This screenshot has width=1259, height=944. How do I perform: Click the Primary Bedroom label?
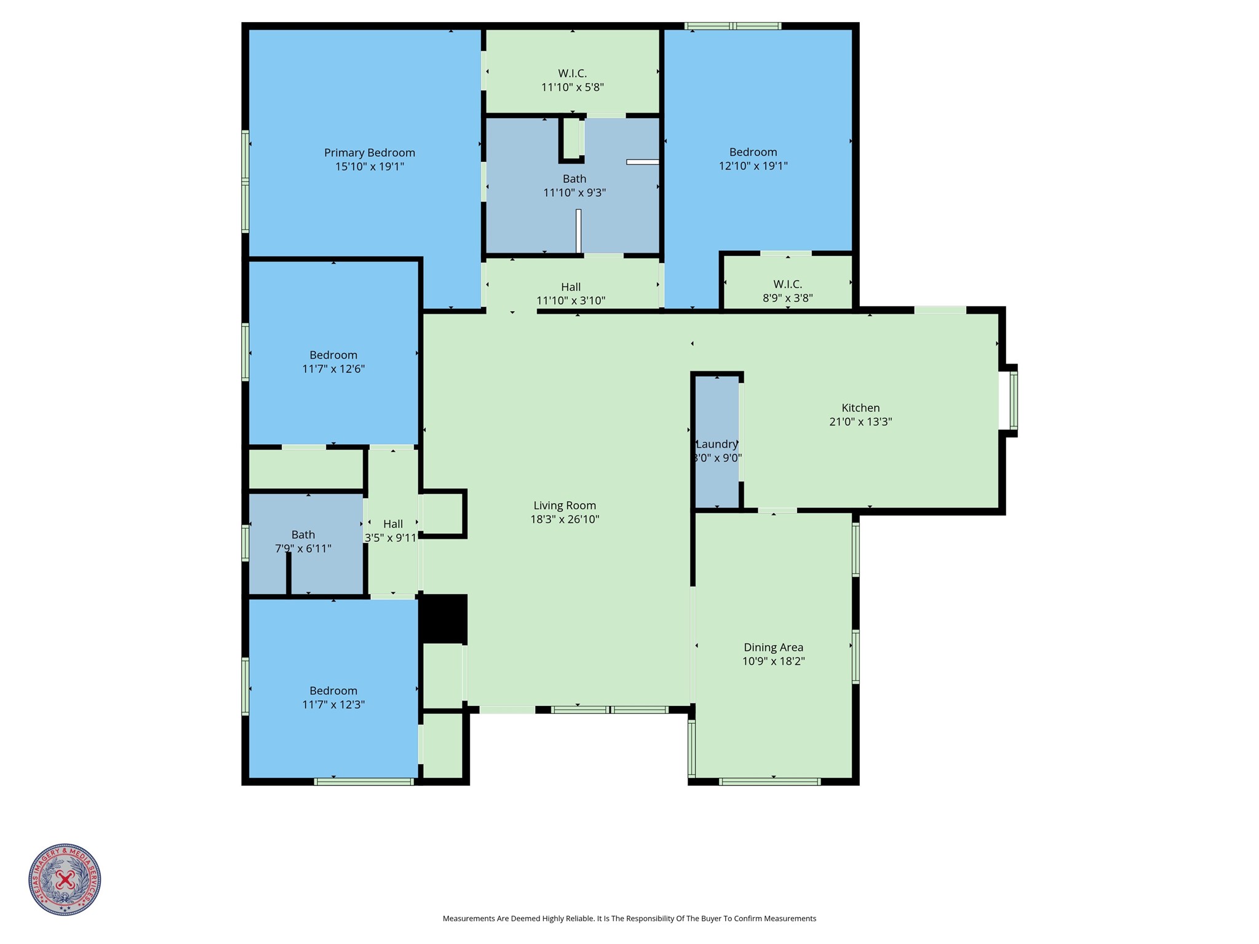click(x=369, y=153)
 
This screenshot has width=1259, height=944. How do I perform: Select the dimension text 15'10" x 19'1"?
click(x=369, y=167)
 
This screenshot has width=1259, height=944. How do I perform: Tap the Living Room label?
click(x=564, y=506)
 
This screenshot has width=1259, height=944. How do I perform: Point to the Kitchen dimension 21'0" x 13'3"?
click(x=860, y=422)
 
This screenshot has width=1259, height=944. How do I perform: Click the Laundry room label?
click(x=717, y=444)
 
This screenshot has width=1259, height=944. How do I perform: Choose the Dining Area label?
click(x=773, y=647)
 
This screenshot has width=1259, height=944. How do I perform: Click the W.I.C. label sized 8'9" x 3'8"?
click(x=787, y=284)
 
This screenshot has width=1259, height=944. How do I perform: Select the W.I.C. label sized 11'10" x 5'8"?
click(x=572, y=74)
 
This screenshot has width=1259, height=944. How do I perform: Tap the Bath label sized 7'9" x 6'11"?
click(x=303, y=534)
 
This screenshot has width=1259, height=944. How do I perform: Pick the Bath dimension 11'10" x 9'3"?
click(x=574, y=193)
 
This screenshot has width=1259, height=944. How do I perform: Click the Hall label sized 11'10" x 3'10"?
click(x=570, y=287)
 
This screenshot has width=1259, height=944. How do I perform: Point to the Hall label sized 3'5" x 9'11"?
click(x=392, y=524)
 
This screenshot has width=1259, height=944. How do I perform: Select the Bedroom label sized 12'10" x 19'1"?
click(x=753, y=152)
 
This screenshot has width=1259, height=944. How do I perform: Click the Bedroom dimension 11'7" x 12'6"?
click(x=333, y=369)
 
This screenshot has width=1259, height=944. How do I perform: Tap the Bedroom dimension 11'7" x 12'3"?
click(x=333, y=705)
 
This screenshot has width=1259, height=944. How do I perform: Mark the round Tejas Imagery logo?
click(x=65, y=879)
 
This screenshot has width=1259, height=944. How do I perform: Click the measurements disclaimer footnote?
click(x=629, y=919)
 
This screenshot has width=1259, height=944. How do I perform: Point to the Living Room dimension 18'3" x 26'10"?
click(x=564, y=520)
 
